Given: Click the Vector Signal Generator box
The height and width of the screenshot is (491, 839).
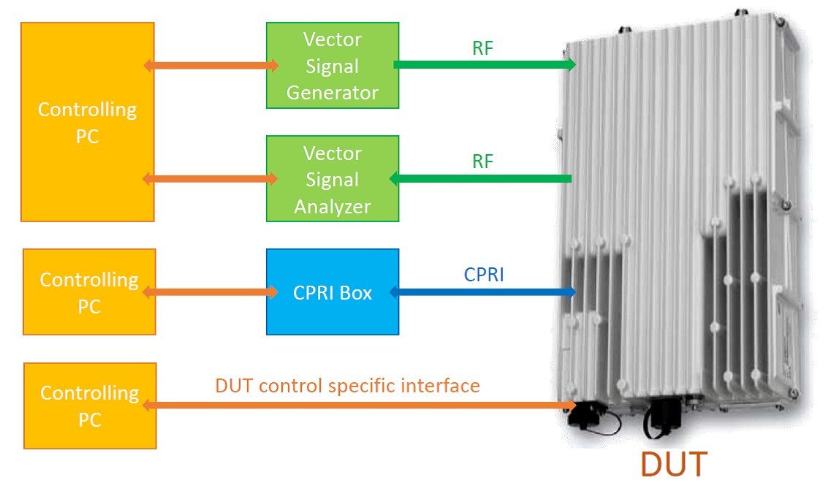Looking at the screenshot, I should point(333,66).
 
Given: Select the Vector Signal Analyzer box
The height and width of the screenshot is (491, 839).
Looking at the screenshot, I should point(333,179).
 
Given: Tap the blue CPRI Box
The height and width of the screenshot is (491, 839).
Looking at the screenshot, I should point(333,292).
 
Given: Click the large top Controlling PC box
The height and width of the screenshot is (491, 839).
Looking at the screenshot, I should point(87,122).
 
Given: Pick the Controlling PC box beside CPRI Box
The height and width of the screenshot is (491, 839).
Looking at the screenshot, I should point(88,292).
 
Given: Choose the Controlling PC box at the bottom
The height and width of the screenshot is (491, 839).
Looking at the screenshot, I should point(89,406).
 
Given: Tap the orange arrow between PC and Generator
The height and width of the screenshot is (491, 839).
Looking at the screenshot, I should point(211,66).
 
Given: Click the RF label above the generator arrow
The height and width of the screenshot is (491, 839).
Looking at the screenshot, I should point(482,47).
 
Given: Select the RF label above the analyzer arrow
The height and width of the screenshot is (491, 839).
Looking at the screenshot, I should point(482,161).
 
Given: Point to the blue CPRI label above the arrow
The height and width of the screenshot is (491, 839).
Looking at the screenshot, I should point(484,275).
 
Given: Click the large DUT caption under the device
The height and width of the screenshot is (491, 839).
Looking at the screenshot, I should point(674,464).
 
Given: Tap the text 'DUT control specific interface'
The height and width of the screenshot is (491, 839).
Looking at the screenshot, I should point(348,385).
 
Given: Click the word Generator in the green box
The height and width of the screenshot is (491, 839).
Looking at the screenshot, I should point(333,93).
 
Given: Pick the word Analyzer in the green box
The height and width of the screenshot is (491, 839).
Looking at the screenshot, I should point(333,207).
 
